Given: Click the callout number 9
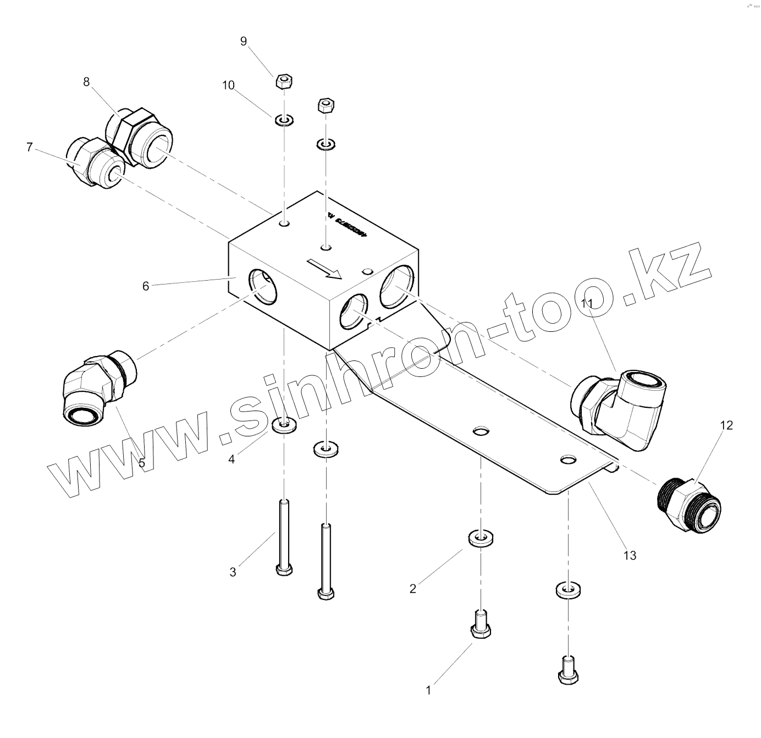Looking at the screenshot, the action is coord(244,41).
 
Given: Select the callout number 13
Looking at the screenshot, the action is coord(630,555).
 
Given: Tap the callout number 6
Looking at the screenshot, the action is coord(146,286).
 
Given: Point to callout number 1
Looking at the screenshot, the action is coord(429,690).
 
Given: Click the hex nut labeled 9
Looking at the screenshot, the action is coord(283,82).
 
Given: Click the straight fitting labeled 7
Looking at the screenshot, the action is coord(93,162).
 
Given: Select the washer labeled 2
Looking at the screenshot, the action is coord(481,538).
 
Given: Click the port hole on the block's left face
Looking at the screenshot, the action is coord(262,286).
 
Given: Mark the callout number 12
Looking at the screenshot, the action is coord(726,425).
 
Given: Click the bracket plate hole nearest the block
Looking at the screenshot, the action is coord(481,431).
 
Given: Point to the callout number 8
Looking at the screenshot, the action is coord(86,82).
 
